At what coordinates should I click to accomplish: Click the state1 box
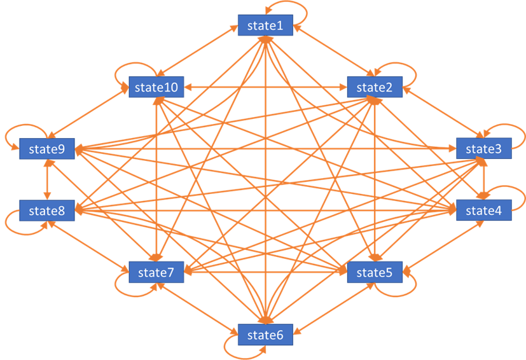click(265, 25)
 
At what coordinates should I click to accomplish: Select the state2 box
click(375, 87)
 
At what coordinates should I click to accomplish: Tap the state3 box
click(484, 148)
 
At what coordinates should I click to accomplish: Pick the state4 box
click(484, 211)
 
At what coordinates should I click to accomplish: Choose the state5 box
click(375, 272)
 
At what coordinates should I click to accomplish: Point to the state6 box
click(265, 335)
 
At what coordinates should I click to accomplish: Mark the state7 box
click(156, 272)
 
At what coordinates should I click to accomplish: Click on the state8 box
click(47, 211)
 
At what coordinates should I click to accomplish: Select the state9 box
click(47, 148)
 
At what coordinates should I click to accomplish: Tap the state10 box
click(156, 87)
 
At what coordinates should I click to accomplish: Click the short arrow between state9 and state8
click(47, 179)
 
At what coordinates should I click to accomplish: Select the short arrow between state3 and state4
click(484, 179)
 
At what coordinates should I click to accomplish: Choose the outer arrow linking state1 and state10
click(198, 51)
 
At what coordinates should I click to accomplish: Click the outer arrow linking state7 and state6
click(198, 308)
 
